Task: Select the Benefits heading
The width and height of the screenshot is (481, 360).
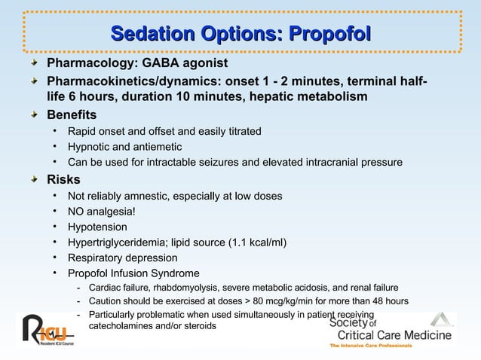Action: (x=72, y=115)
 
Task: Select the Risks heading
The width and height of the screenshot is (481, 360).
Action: (x=63, y=179)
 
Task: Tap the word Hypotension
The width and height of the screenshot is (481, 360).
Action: (x=97, y=227)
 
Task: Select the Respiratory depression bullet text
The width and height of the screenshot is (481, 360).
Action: (x=122, y=258)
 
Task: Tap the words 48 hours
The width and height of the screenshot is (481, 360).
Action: (x=388, y=301)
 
